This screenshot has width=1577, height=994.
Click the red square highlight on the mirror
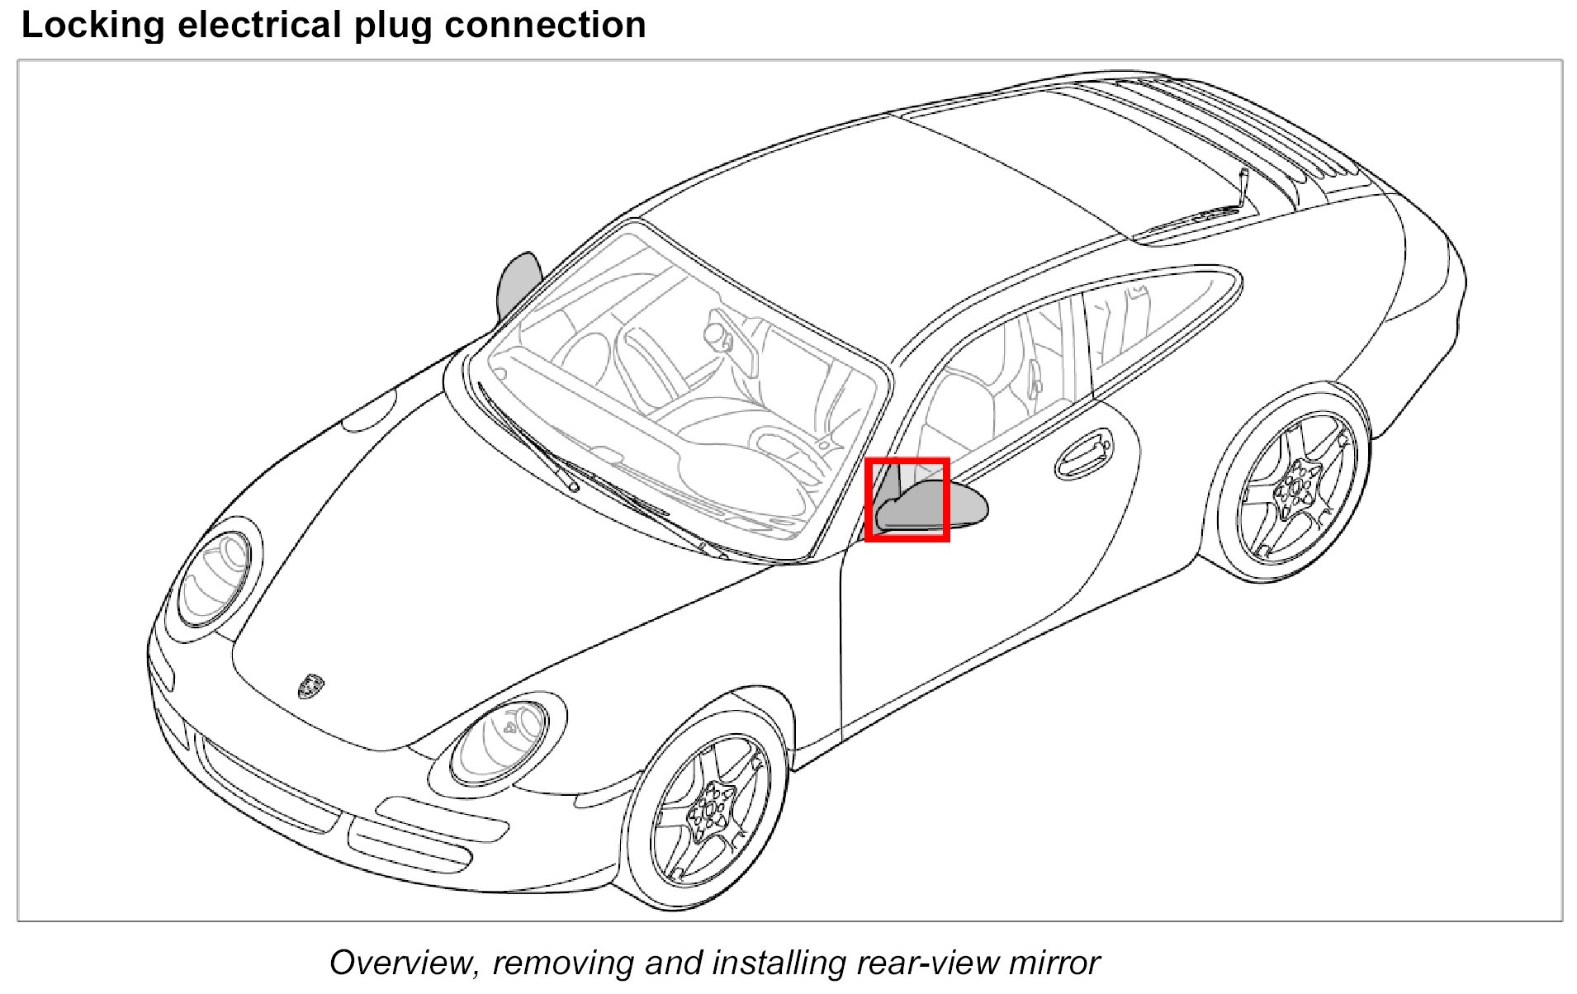907,500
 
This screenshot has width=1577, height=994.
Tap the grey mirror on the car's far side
518,285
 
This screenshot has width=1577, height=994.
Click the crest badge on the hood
311,685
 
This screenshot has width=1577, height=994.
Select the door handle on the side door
1083,454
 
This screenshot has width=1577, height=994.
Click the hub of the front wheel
709,807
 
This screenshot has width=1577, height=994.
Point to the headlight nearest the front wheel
500,741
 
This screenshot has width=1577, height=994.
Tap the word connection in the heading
545,26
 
